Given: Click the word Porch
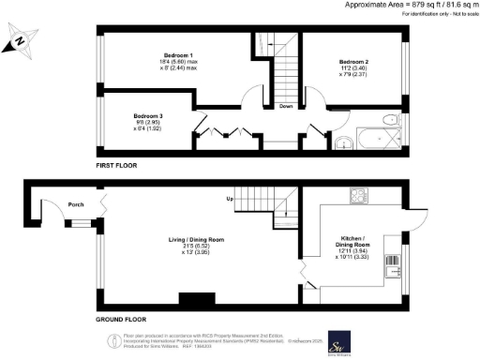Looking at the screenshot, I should pyautogui.click(x=76, y=204).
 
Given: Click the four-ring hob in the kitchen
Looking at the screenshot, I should pyautogui.click(x=357, y=196).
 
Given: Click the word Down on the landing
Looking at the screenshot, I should pyautogui.click(x=286, y=106).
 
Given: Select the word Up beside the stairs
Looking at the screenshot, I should pyautogui.click(x=228, y=200).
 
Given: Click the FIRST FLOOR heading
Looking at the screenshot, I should pyautogui.click(x=117, y=164).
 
